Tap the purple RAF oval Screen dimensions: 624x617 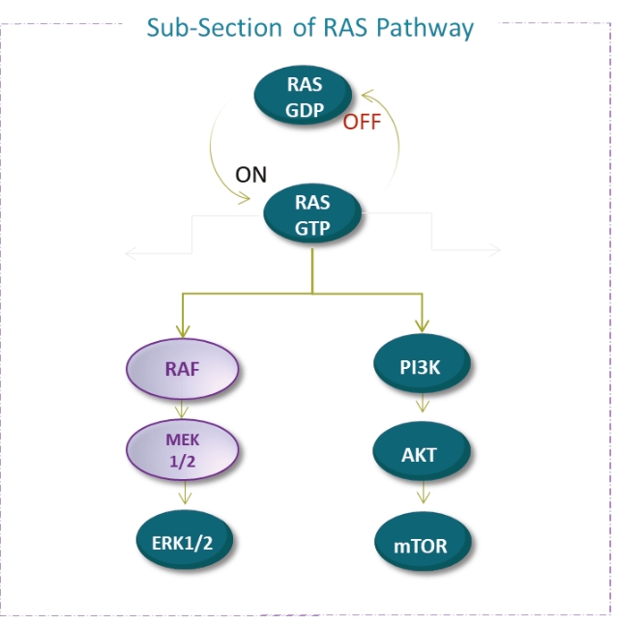tap(182, 368)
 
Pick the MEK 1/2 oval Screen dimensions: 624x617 tap(182, 449)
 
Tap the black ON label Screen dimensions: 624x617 tap(250, 176)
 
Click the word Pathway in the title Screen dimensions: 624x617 tap(422, 27)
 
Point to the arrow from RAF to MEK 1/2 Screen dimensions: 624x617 tap(182, 409)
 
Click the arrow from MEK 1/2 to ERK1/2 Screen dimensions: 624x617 tap(182, 495)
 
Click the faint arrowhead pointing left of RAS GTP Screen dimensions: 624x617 tap(129, 252)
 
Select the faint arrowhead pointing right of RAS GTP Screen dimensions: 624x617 tap(496, 251)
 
